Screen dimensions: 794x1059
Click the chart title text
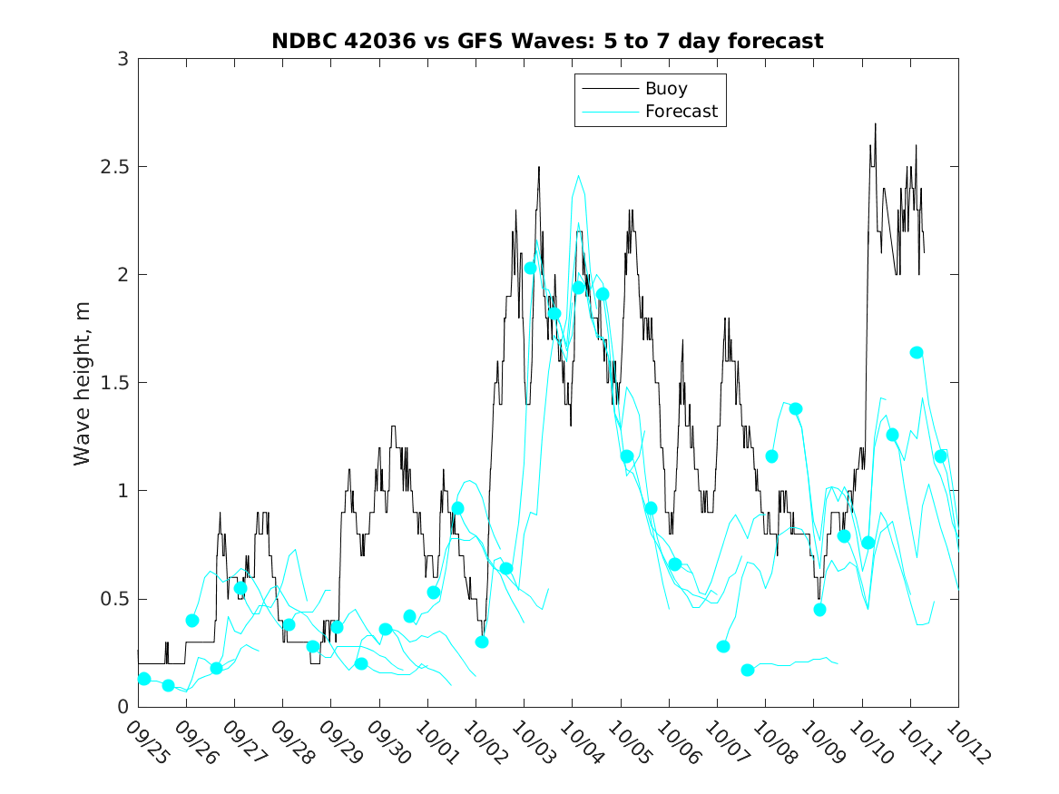click(x=547, y=41)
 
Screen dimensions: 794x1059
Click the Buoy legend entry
click(x=665, y=89)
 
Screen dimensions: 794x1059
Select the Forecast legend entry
click(x=681, y=112)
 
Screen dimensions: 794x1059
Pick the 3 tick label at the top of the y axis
click(x=122, y=59)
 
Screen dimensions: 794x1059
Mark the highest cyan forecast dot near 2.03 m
click(x=530, y=268)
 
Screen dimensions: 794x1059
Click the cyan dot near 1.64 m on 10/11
click(x=917, y=352)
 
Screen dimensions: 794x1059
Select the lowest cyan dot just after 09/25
click(x=168, y=685)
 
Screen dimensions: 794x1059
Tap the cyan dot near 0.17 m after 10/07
click(x=748, y=670)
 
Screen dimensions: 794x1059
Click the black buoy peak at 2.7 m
click(x=876, y=123)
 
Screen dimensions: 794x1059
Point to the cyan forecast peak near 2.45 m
click(x=578, y=176)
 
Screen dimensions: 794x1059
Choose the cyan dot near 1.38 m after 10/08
click(x=796, y=408)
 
